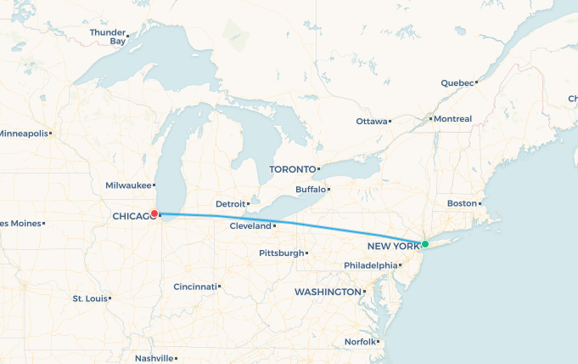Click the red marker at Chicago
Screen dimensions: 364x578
tap(154, 214)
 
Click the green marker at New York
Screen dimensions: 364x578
tap(425, 244)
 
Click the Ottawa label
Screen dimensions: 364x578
tap(371, 122)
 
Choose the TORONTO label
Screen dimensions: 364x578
tap(293, 170)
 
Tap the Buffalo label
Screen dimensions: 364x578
tap(310, 190)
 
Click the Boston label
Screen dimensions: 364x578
tap(462, 204)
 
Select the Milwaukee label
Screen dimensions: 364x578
tap(128, 185)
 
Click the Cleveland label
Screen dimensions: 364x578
tap(250, 226)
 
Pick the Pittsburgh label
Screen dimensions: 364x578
tap(281, 253)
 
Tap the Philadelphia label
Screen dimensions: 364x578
tap(370, 265)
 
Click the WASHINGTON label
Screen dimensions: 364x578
tap(328, 293)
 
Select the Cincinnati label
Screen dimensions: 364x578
tap(194, 287)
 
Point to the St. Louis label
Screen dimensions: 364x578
tap(89, 299)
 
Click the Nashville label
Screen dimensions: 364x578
tap(153, 359)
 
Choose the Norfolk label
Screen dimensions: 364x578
tap(359, 342)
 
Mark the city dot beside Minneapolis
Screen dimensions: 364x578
tap(51, 134)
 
